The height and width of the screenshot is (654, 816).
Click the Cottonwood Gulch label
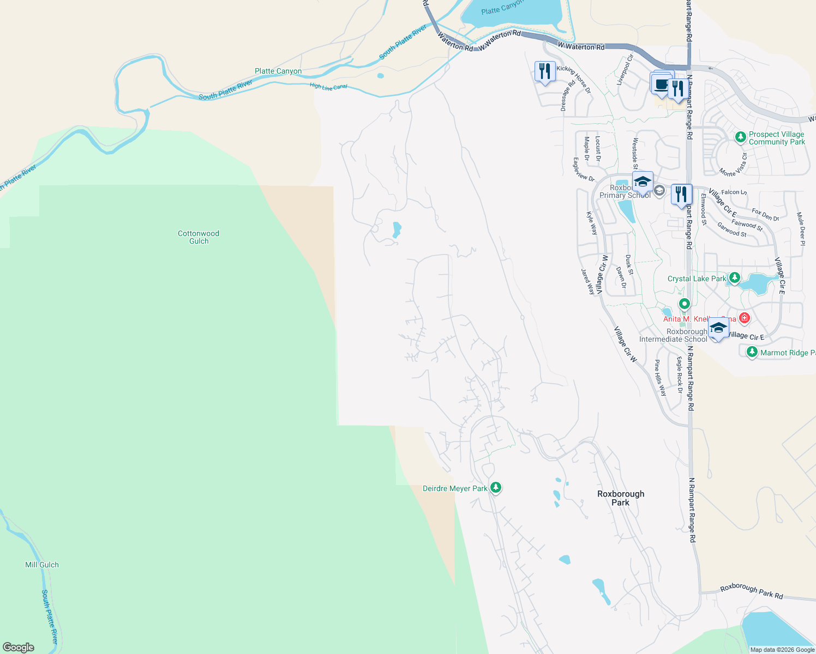[x=199, y=237]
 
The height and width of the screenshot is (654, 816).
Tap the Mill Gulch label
[x=42, y=565]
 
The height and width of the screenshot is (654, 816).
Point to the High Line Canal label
[x=328, y=86]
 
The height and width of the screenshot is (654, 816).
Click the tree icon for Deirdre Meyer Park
[x=495, y=487]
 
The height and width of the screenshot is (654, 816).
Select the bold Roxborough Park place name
[x=621, y=498]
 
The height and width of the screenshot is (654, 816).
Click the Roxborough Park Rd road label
[x=751, y=591]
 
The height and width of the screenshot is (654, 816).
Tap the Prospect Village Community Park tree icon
[x=740, y=137]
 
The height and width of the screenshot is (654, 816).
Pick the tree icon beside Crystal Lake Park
[x=734, y=278]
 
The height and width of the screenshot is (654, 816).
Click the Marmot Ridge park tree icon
[x=752, y=352]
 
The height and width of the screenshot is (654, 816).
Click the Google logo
[x=19, y=647]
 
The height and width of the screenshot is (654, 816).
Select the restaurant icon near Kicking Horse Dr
[x=545, y=71]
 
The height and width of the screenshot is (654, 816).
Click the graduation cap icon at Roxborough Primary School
[x=643, y=182]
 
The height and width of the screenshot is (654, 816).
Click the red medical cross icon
[x=745, y=318]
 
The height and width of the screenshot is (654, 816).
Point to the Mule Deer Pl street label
[x=800, y=229]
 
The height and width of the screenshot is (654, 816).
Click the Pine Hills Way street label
[x=661, y=378]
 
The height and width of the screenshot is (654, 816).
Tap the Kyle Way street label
[x=592, y=223]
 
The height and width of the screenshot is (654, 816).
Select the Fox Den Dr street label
[x=765, y=215]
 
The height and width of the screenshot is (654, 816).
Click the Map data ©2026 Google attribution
[x=782, y=650]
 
